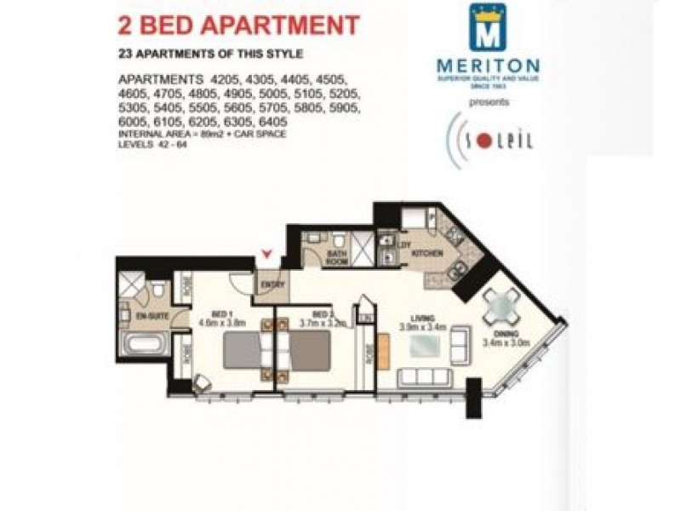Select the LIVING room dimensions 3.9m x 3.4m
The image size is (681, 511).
click(x=419, y=324)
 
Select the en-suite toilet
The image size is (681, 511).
click(x=157, y=296)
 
